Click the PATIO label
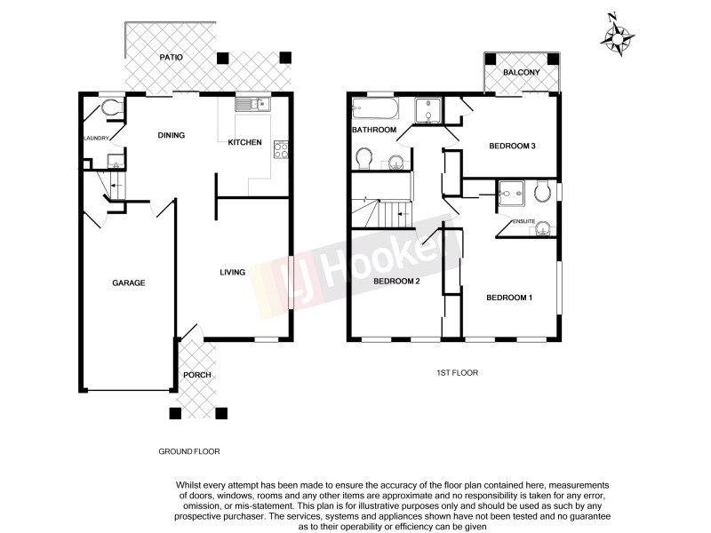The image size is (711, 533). click(172, 57)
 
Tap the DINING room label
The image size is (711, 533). click(171, 136)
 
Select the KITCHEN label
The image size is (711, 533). click(244, 142)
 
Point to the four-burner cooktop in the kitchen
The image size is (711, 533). click(282, 150)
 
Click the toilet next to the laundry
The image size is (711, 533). click(111, 108)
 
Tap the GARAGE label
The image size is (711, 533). click(128, 282)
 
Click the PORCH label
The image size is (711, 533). click(196, 375)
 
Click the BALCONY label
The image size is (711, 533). click(522, 72)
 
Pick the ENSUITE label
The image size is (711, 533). click(523, 219)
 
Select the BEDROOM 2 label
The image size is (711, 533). click(396, 282)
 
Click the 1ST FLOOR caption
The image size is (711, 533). click(458, 374)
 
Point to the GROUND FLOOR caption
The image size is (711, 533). click(188, 451)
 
